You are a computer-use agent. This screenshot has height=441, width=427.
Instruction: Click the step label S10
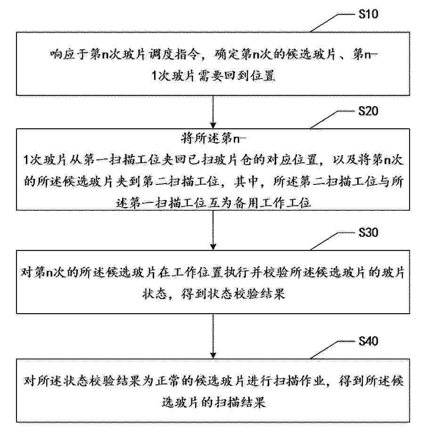(x=368, y=14)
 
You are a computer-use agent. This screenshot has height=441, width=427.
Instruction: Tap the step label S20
(x=368, y=111)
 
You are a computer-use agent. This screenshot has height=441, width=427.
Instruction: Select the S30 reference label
(x=368, y=233)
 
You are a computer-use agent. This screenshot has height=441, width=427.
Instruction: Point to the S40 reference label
(x=368, y=341)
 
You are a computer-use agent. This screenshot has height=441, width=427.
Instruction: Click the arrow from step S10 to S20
(x=213, y=112)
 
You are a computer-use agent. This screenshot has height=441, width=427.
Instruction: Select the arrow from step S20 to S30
(x=213, y=230)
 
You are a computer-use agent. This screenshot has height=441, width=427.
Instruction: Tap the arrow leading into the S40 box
(x=213, y=336)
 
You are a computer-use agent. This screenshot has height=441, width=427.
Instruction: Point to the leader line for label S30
(x=332, y=241)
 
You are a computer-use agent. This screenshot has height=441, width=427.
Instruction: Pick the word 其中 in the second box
(x=246, y=182)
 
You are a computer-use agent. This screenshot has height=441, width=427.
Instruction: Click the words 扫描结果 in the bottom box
(x=240, y=402)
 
